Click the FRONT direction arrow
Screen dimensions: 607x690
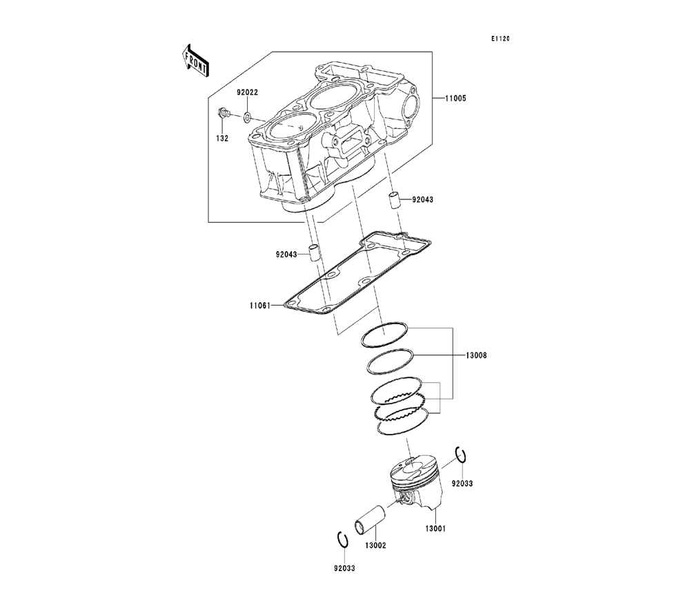point(195,59)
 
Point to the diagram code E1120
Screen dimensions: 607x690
point(500,39)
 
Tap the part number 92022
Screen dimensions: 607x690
point(248,92)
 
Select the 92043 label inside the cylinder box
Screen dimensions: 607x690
point(424,199)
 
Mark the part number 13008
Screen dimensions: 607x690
point(475,355)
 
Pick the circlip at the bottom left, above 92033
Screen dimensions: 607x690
point(342,540)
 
